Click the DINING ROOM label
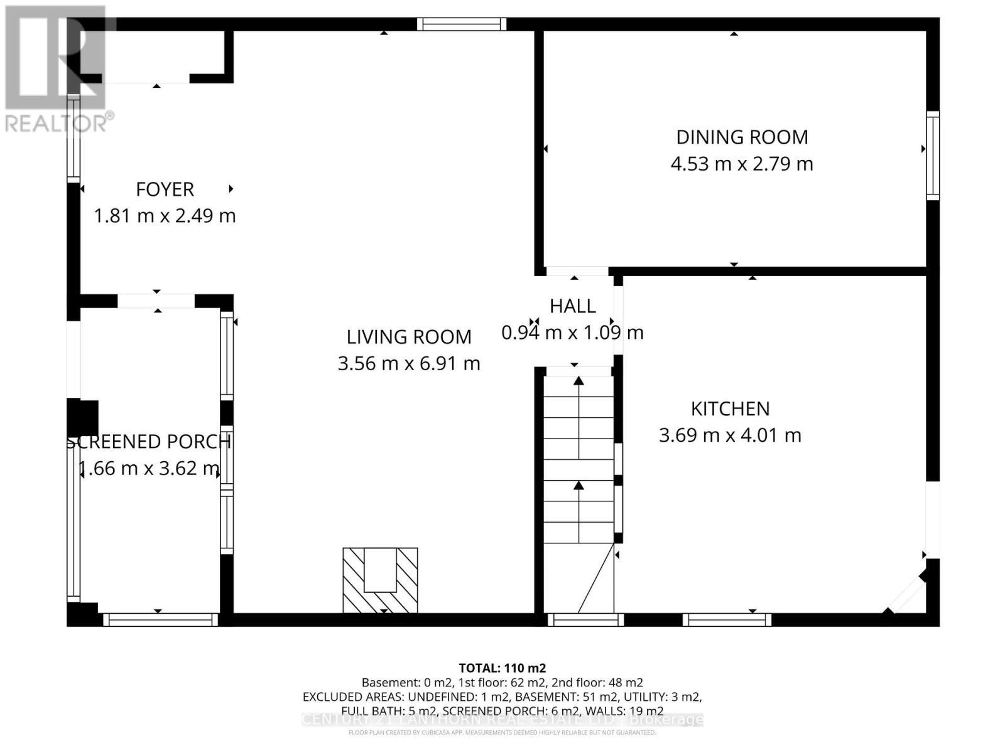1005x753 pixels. [742, 137]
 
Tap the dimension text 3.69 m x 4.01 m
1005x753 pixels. [730, 435]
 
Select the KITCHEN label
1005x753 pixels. [730, 409]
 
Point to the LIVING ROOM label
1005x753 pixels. [409, 337]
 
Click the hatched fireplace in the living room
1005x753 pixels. [380, 580]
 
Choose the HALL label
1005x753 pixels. [572, 306]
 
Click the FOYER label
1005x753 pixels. [165, 189]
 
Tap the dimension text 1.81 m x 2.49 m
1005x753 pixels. [165, 216]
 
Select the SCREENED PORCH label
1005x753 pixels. [149, 442]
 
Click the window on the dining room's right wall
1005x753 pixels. [933, 156]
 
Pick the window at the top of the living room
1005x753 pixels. [462, 24]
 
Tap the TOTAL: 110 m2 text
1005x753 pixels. [502, 668]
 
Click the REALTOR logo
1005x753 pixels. [57, 69]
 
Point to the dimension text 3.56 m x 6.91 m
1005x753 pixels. [409, 363]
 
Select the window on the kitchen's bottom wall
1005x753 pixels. [727, 620]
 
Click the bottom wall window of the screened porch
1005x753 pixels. [160, 620]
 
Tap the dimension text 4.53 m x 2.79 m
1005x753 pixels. [742, 164]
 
